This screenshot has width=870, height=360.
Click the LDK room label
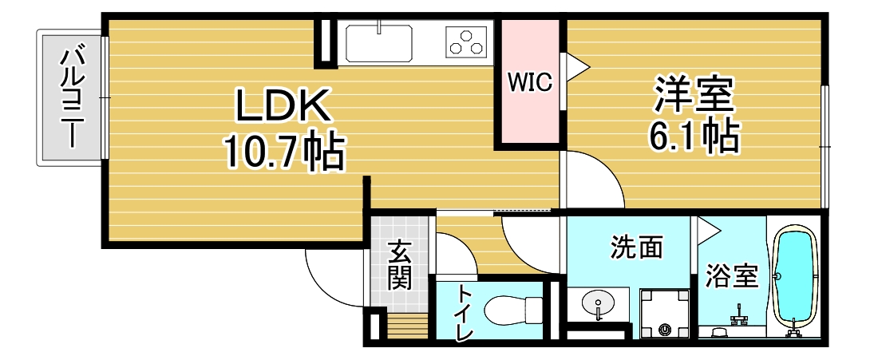click(282, 105)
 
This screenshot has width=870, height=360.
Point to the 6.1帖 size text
click(693, 137)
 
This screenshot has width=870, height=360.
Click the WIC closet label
click(531, 82)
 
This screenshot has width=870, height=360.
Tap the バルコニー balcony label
click(73, 97)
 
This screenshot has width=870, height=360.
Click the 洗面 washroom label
click(636, 247)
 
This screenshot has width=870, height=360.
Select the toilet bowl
click(510, 309)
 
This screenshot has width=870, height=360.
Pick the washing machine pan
click(664, 312)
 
